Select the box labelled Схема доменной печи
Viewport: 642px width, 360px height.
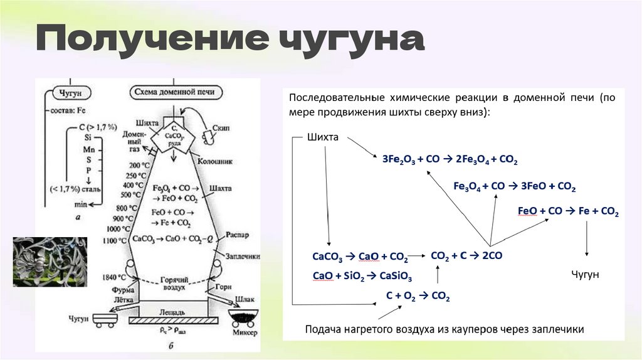pos(175,92)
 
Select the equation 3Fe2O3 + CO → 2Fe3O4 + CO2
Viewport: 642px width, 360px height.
pos(450,160)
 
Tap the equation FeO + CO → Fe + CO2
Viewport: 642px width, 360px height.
pos(569,212)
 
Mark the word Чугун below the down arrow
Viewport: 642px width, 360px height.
pos(586,275)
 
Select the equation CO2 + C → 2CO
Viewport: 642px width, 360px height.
pos(466,255)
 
